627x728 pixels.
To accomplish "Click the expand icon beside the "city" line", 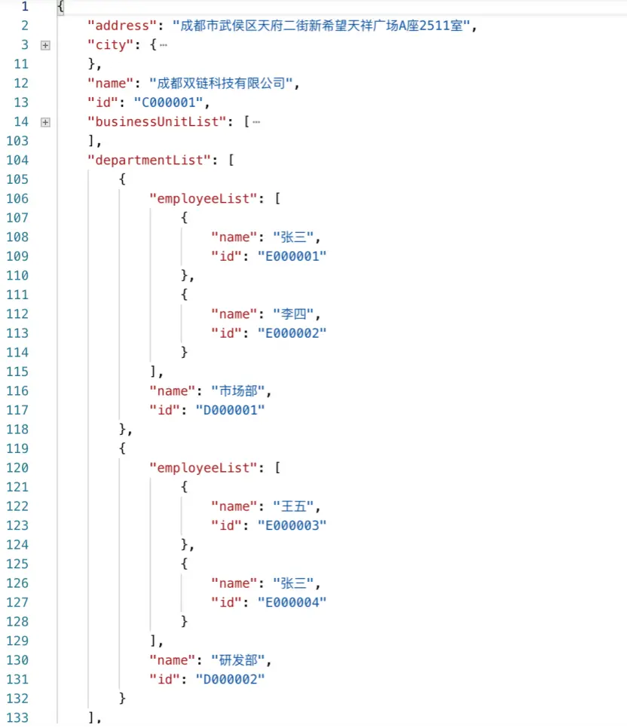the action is pos(45,45).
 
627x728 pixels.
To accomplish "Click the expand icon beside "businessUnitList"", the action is pos(45,122).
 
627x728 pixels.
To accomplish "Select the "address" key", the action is pos(118,26).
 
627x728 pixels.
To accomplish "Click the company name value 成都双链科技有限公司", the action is pos(220,84).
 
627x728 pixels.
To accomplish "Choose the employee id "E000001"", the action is pos(292,256).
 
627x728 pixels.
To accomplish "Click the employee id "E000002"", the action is pos(292,333).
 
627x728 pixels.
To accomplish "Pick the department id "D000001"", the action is pos(231,410).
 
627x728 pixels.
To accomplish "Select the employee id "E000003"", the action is pos(292,525).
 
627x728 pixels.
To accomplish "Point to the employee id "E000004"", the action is pos(292,602).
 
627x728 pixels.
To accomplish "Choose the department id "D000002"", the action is pos(231,679).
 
